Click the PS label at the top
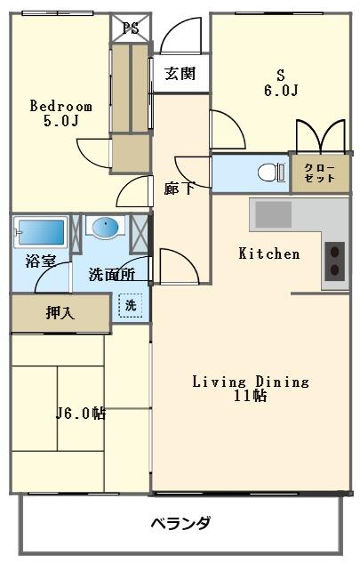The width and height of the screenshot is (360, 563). coord(131,28)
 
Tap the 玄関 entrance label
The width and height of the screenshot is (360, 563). coord(180,74)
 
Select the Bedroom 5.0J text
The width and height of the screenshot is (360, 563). coord(61,113)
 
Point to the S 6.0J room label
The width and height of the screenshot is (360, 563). coord(281,83)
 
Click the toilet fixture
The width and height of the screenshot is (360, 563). coord(271,172)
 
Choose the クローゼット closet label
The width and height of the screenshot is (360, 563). coord(320,173)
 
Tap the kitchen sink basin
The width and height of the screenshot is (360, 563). coord(273,214)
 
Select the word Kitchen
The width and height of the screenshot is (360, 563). coord(269,253)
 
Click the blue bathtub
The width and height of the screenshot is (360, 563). coord(41,232)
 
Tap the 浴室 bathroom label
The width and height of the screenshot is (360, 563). coord(40,261)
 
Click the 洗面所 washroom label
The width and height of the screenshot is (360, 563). coord(112,275)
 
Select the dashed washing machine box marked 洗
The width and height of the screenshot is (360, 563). coord(131,305)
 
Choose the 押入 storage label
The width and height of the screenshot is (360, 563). coord(60,313)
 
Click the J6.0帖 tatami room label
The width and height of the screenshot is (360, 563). coord(81,414)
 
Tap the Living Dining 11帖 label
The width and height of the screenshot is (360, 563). coord(251,388)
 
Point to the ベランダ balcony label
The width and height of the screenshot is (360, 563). coord(180,523)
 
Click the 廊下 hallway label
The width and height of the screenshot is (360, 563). coord(180,189)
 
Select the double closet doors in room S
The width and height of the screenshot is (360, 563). coord(321,135)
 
